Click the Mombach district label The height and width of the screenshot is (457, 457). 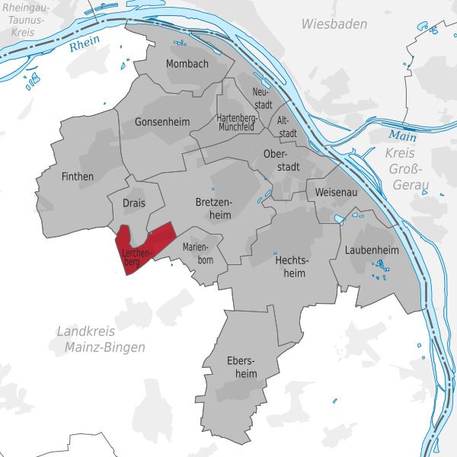pos(187,64)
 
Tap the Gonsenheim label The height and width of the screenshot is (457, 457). pos(160,122)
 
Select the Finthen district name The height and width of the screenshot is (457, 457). pos(77,177)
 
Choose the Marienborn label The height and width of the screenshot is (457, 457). pos(198,253)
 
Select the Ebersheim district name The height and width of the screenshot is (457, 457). pos(241,366)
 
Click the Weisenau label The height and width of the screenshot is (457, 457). pos(336,192)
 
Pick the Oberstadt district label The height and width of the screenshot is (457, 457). pos(280,161)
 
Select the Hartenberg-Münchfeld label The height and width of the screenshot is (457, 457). pos(236,123)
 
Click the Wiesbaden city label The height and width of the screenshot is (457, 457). pos(334,24)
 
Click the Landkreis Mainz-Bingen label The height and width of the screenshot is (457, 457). pos(101,339)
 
